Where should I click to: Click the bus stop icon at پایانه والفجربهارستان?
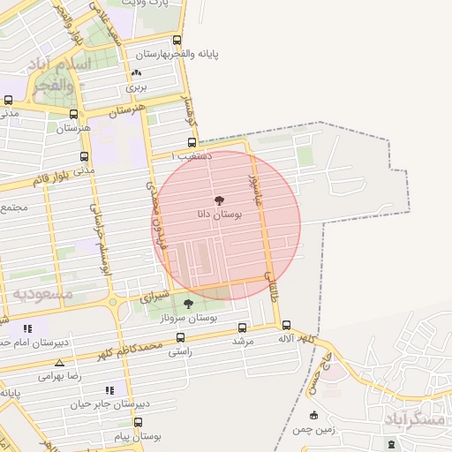point(177,41)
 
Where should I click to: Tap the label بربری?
point(135,87)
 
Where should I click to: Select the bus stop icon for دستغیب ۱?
point(192,142)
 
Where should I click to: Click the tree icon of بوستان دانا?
point(220,201)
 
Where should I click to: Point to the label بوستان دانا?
point(220,215)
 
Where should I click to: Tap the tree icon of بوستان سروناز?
point(188,304)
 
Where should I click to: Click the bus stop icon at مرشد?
point(243,328)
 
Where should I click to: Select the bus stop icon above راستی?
point(181,337)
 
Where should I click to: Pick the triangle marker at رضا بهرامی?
point(59,363)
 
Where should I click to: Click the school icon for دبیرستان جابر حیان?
point(109,389)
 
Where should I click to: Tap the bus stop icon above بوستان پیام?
point(138,423)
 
